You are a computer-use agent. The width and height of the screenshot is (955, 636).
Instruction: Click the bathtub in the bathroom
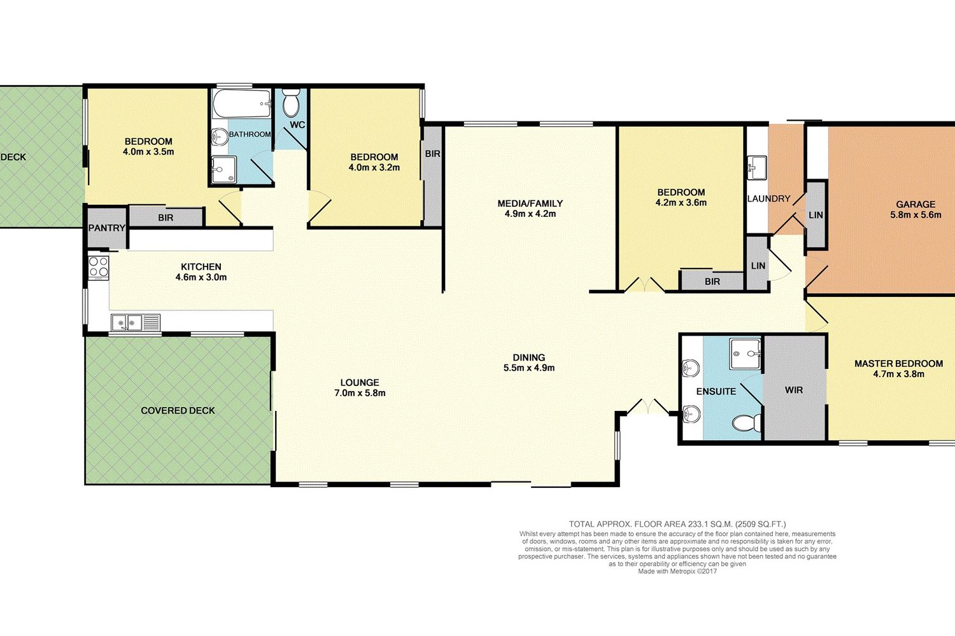pyautogui.click(x=242, y=104)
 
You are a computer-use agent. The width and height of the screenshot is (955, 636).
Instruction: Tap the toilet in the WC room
pyautogui.click(x=291, y=102)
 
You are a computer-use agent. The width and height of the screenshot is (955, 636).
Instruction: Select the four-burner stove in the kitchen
pyautogui.click(x=99, y=268)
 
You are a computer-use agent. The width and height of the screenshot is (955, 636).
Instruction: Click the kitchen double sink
pyautogui.click(x=136, y=322)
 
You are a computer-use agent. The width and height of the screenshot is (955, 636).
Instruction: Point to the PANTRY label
pyautogui.click(x=106, y=228)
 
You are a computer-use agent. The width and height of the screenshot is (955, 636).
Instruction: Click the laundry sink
pyautogui.click(x=757, y=167)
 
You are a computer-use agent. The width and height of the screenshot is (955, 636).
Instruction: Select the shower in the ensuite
pyautogui.click(x=745, y=354)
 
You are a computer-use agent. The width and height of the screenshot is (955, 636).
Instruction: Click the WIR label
pyautogui.click(x=793, y=390)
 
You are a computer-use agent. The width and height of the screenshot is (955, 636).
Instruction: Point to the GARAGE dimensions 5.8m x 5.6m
pyautogui.click(x=916, y=215)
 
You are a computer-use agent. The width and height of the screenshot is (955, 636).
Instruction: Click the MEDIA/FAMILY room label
pyautogui.click(x=530, y=204)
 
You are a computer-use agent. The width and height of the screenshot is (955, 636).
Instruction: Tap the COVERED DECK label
pyautogui.click(x=178, y=411)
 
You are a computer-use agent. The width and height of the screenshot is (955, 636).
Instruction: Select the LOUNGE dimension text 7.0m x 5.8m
pyautogui.click(x=360, y=393)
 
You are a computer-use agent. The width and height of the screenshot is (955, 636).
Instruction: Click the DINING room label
pyautogui.click(x=528, y=357)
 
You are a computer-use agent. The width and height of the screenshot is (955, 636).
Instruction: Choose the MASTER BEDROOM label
pyautogui.click(x=898, y=364)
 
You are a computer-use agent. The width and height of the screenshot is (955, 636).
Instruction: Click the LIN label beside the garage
pyautogui.click(x=816, y=215)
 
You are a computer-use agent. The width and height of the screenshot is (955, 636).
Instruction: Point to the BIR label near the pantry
pyautogui.click(x=166, y=218)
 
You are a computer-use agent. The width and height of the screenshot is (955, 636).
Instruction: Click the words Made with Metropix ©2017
pyautogui.click(x=677, y=571)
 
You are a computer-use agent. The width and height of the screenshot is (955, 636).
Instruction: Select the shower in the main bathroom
pyautogui.click(x=223, y=170)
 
